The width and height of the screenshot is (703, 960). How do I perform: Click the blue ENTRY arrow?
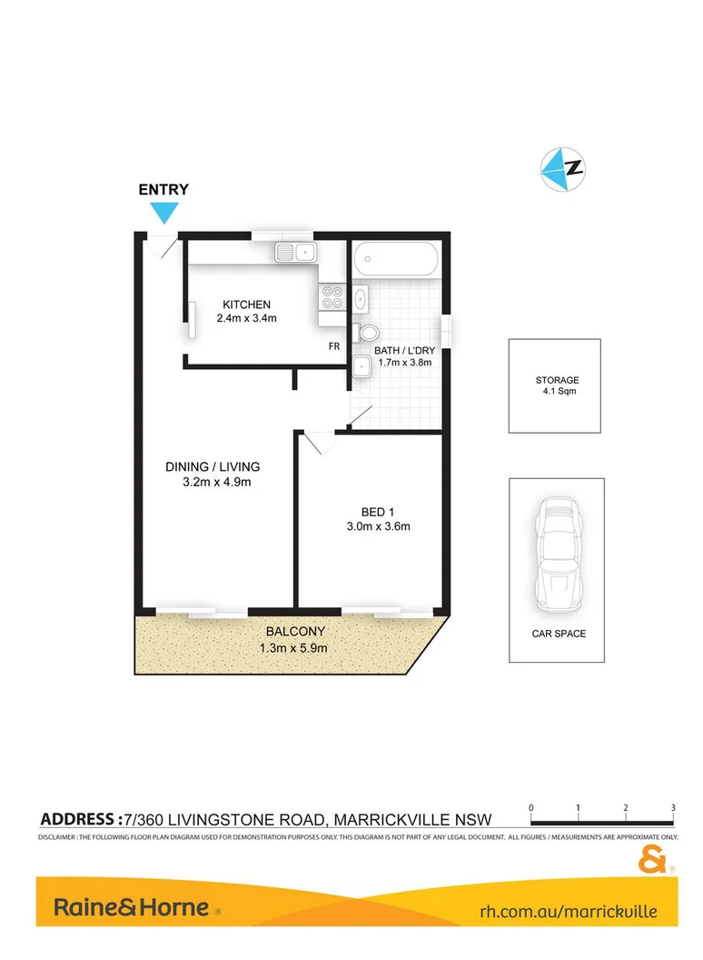163,213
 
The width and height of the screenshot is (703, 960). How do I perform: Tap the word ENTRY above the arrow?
163,190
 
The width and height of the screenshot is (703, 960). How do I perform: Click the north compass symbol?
562,168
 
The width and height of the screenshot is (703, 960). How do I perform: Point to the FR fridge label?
334,347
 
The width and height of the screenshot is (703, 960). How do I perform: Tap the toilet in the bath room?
367,332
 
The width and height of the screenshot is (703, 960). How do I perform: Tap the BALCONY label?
295,632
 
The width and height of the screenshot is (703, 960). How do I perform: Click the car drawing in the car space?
554,555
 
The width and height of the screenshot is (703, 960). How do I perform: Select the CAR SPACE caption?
559,633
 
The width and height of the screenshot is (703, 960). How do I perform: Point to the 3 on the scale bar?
673,807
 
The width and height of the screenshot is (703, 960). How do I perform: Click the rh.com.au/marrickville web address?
568,909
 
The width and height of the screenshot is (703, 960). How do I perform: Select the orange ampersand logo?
653,857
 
